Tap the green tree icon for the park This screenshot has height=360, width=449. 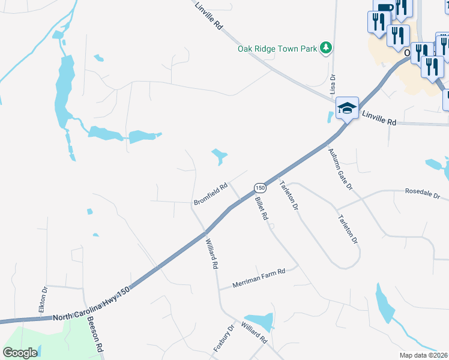[x=326, y=47]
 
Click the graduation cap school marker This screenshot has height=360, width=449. [x=347, y=108]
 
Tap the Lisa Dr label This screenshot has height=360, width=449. [x=331, y=85]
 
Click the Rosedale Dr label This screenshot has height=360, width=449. [x=423, y=196]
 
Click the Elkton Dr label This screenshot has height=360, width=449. [x=43, y=298]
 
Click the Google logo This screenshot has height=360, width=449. [x=20, y=353]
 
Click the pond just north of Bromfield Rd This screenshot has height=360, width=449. [x=219, y=157]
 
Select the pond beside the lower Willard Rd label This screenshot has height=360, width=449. [x=259, y=320]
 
